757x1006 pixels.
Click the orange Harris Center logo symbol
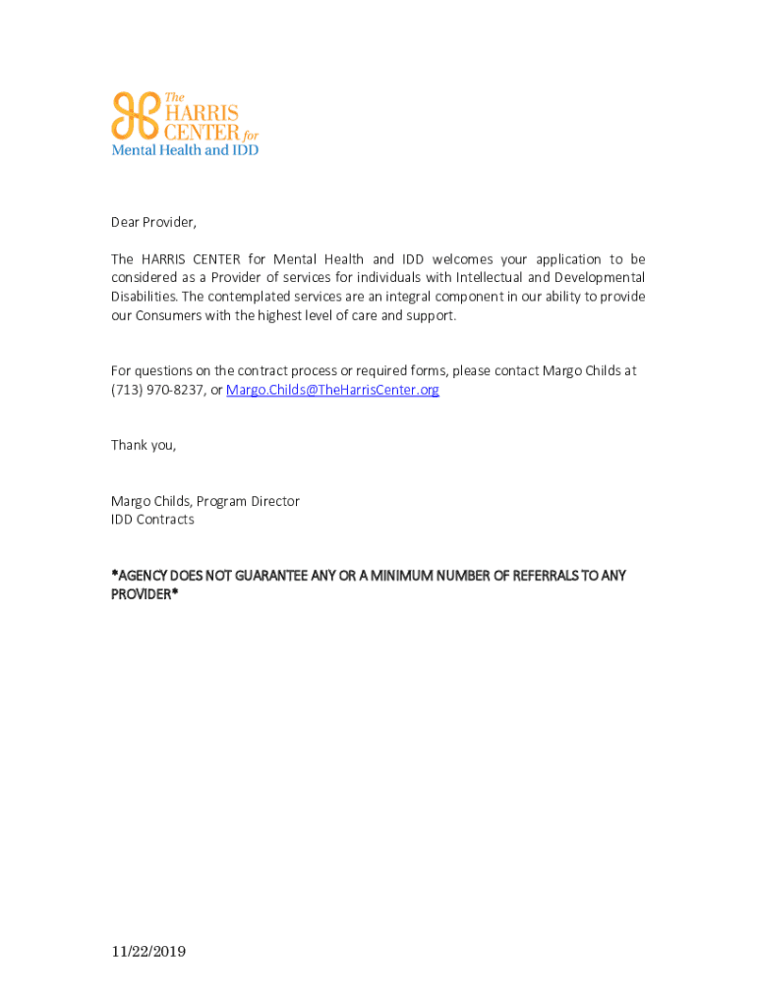click(133, 116)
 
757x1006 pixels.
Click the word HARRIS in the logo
click(198, 111)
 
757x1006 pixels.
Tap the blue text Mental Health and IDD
click(185, 150)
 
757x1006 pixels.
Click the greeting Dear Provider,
click(153, 222)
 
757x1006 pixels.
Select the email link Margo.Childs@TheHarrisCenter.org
click(332, 390)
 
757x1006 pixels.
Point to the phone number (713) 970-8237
click(157, 390)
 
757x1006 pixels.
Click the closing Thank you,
click(144, 445)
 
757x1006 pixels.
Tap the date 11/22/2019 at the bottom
click(148, 952)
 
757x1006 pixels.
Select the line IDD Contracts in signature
click(152, 520)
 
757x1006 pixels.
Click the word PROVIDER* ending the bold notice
click(145, 594)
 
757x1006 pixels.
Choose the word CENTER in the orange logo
click(198, 131)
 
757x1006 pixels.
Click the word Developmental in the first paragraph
click(600, 278)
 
